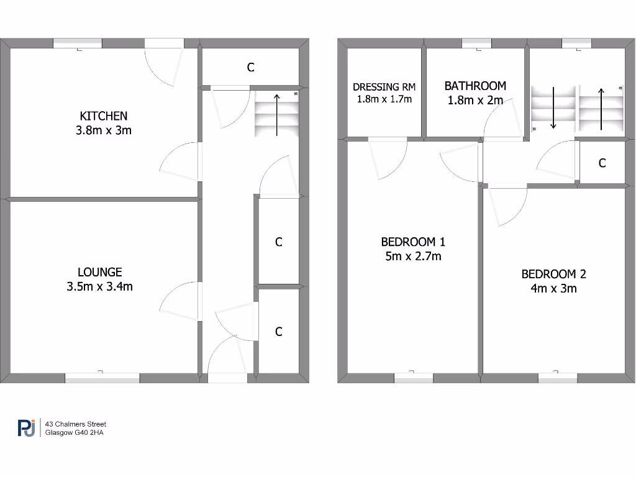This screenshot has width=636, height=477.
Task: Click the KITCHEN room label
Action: [x=103, y=116]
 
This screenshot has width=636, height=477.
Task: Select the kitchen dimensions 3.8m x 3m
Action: [x=103, y=130]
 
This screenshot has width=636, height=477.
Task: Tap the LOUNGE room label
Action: [x=99, y=271]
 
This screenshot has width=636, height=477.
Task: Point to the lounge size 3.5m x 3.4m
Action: [x=99, y=286]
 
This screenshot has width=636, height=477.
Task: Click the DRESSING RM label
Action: [x=384, y=88]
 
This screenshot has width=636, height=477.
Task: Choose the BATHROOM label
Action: [x=475, y=86]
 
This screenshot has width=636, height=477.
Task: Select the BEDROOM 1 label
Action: [x=413, y=242]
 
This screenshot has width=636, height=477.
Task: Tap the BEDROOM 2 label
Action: [x=553, y=274]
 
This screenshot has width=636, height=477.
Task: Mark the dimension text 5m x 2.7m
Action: [x=413, y=256]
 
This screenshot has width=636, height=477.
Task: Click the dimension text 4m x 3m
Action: [x=553, y=288]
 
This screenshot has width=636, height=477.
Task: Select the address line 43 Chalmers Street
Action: [x=80, y=424]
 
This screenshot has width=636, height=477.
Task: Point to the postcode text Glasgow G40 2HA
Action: [x=74, y=433]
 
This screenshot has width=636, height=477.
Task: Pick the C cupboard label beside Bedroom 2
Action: [x=601, y=163]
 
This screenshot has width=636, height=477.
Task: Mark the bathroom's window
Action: [x=476, y=43]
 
